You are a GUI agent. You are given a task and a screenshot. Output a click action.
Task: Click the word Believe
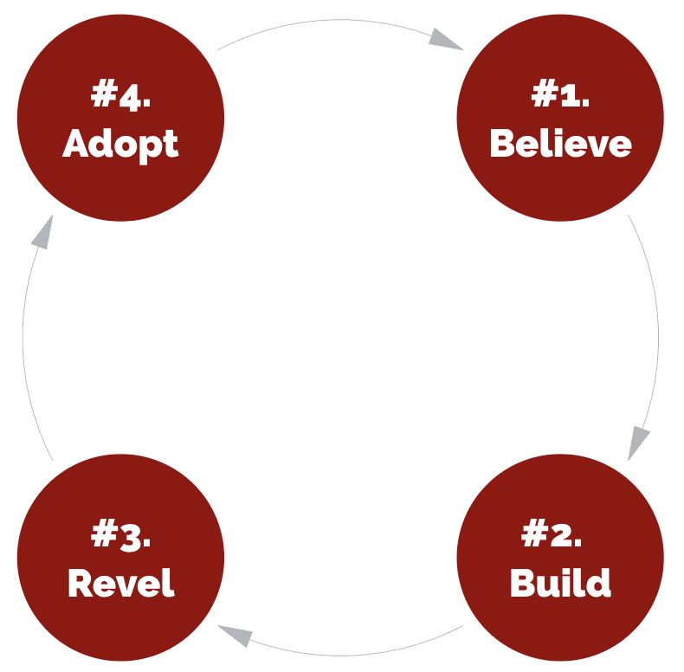click(560, 144)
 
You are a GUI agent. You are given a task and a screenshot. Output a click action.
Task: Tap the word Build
click(560, 583)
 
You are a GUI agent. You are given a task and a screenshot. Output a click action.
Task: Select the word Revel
click(121, 583)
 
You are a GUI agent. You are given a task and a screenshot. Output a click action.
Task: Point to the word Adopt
click(121, 144)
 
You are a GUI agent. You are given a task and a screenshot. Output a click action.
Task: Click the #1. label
click(560, 94)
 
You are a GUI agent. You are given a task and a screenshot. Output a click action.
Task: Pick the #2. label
click(552, 533)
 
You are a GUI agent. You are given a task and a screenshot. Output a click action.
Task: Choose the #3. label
click(121, 533)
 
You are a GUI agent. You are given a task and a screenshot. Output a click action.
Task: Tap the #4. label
click(121, 94)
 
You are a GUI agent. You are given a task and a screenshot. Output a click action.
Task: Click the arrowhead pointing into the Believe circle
click(446, 39)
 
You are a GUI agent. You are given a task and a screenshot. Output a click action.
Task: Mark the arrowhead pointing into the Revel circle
click(235, 637)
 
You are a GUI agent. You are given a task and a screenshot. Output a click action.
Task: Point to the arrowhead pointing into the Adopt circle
click(42, 231)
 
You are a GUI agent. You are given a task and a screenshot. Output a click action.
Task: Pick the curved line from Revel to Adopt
click(23, 346)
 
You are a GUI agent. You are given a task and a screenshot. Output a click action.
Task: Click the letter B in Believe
click(501, 144)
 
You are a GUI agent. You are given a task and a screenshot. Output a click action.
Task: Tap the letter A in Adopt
click(76, 144)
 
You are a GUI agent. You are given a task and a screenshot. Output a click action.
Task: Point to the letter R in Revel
click(80, 583)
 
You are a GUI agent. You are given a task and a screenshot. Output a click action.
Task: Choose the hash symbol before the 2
click(532, 533)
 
